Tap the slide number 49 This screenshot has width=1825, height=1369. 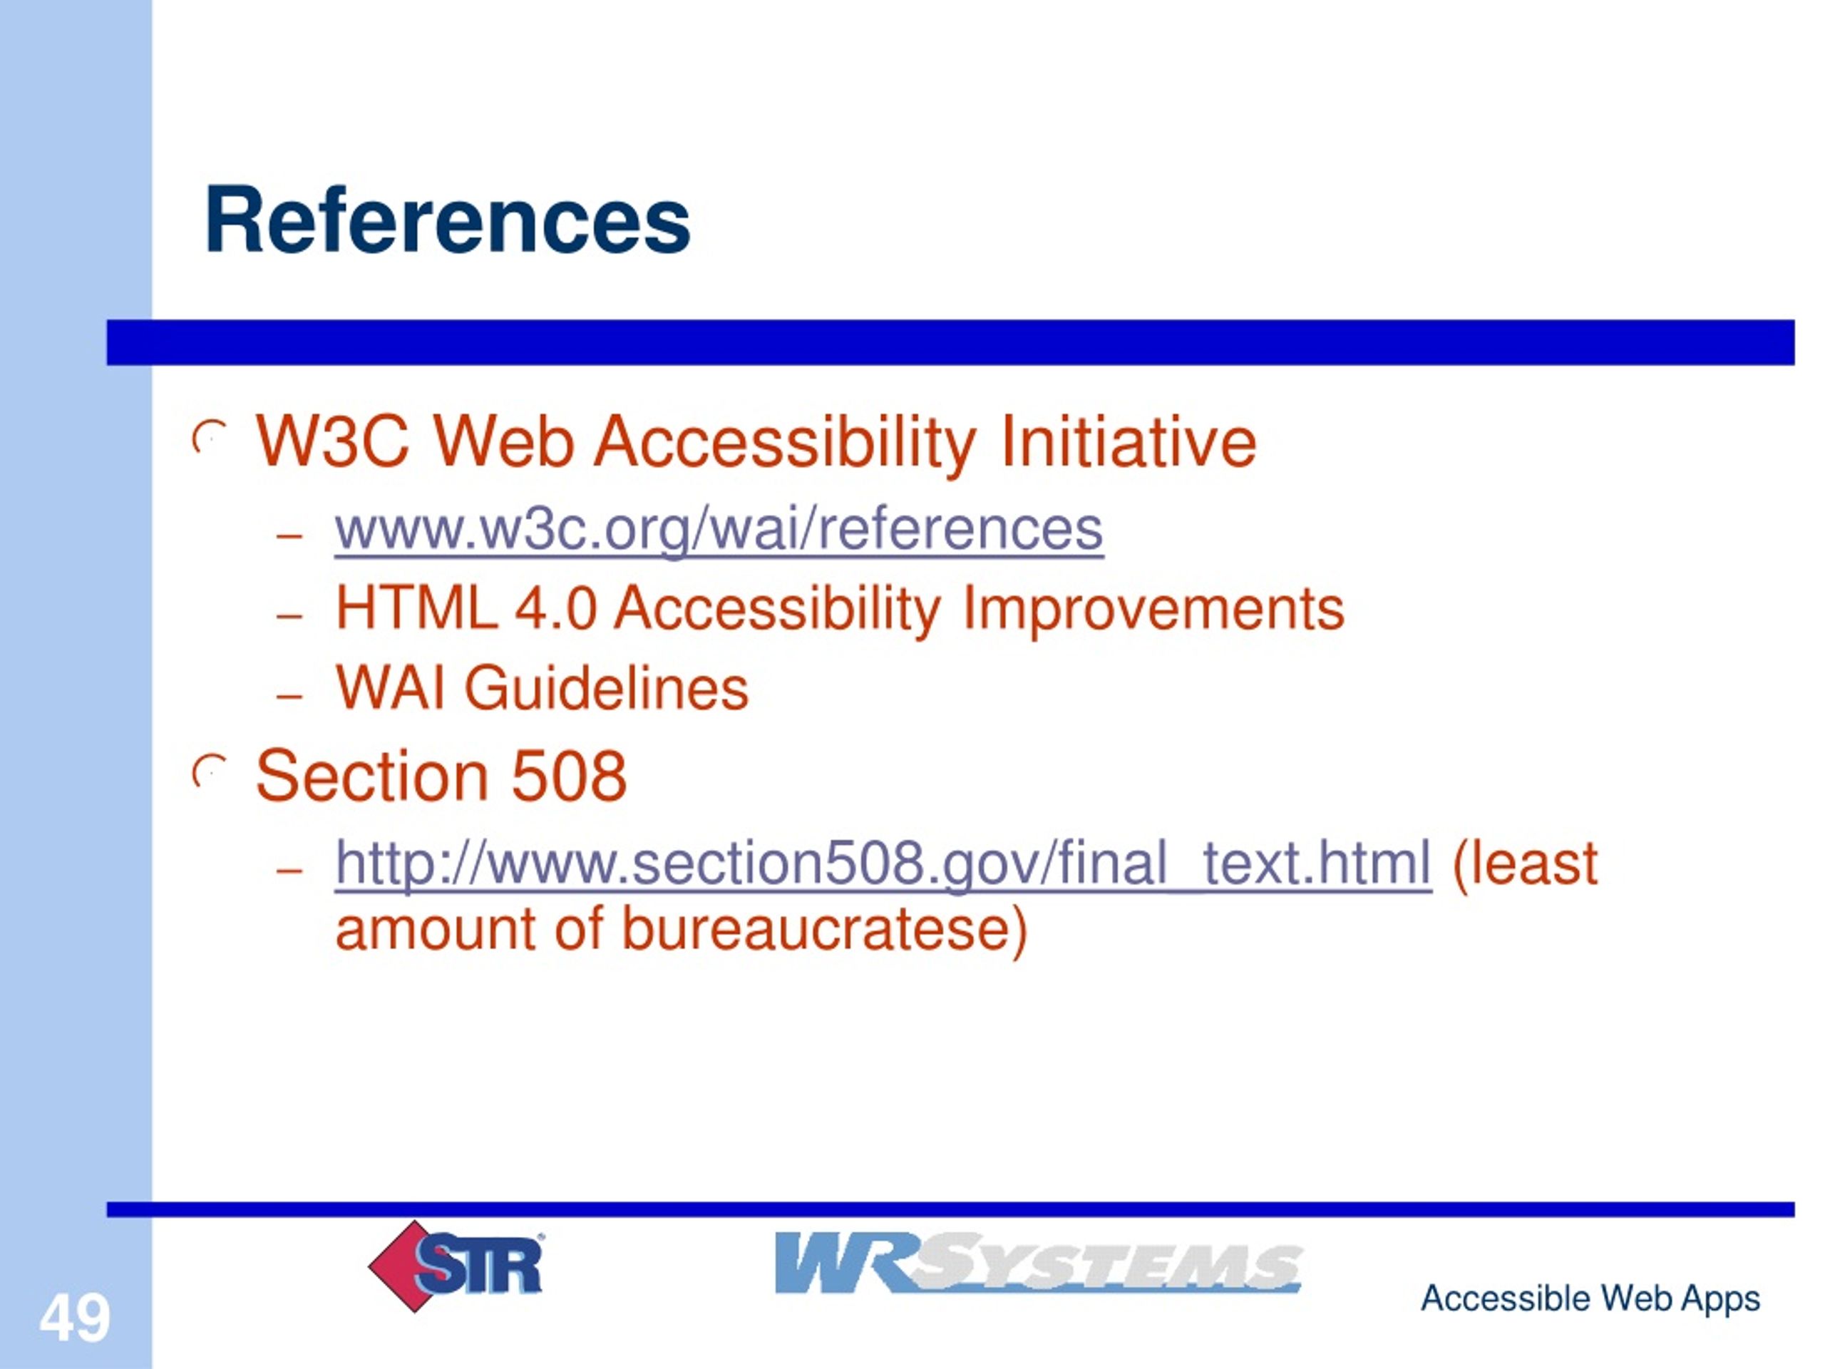click(74, 1317)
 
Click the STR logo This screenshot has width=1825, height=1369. click(456, 1266)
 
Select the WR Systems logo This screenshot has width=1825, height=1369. click(1038, 1262)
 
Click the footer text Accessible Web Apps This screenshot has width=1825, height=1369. click(1590, 1298)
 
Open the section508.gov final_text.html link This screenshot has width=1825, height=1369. click(883, 863)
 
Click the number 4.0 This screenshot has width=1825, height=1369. click(555, 609)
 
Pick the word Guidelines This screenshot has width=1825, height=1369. click(607, 687)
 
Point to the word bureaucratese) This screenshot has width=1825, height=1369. click(824, 929)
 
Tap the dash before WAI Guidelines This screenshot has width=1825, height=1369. click(290, 697)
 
